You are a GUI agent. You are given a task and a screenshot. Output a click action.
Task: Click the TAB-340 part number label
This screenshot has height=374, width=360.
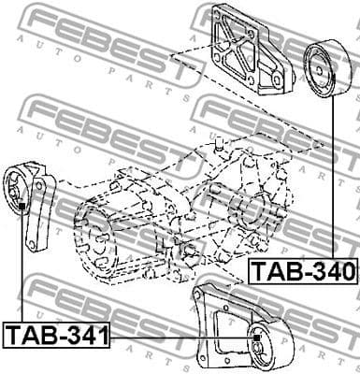pos(303,272)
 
